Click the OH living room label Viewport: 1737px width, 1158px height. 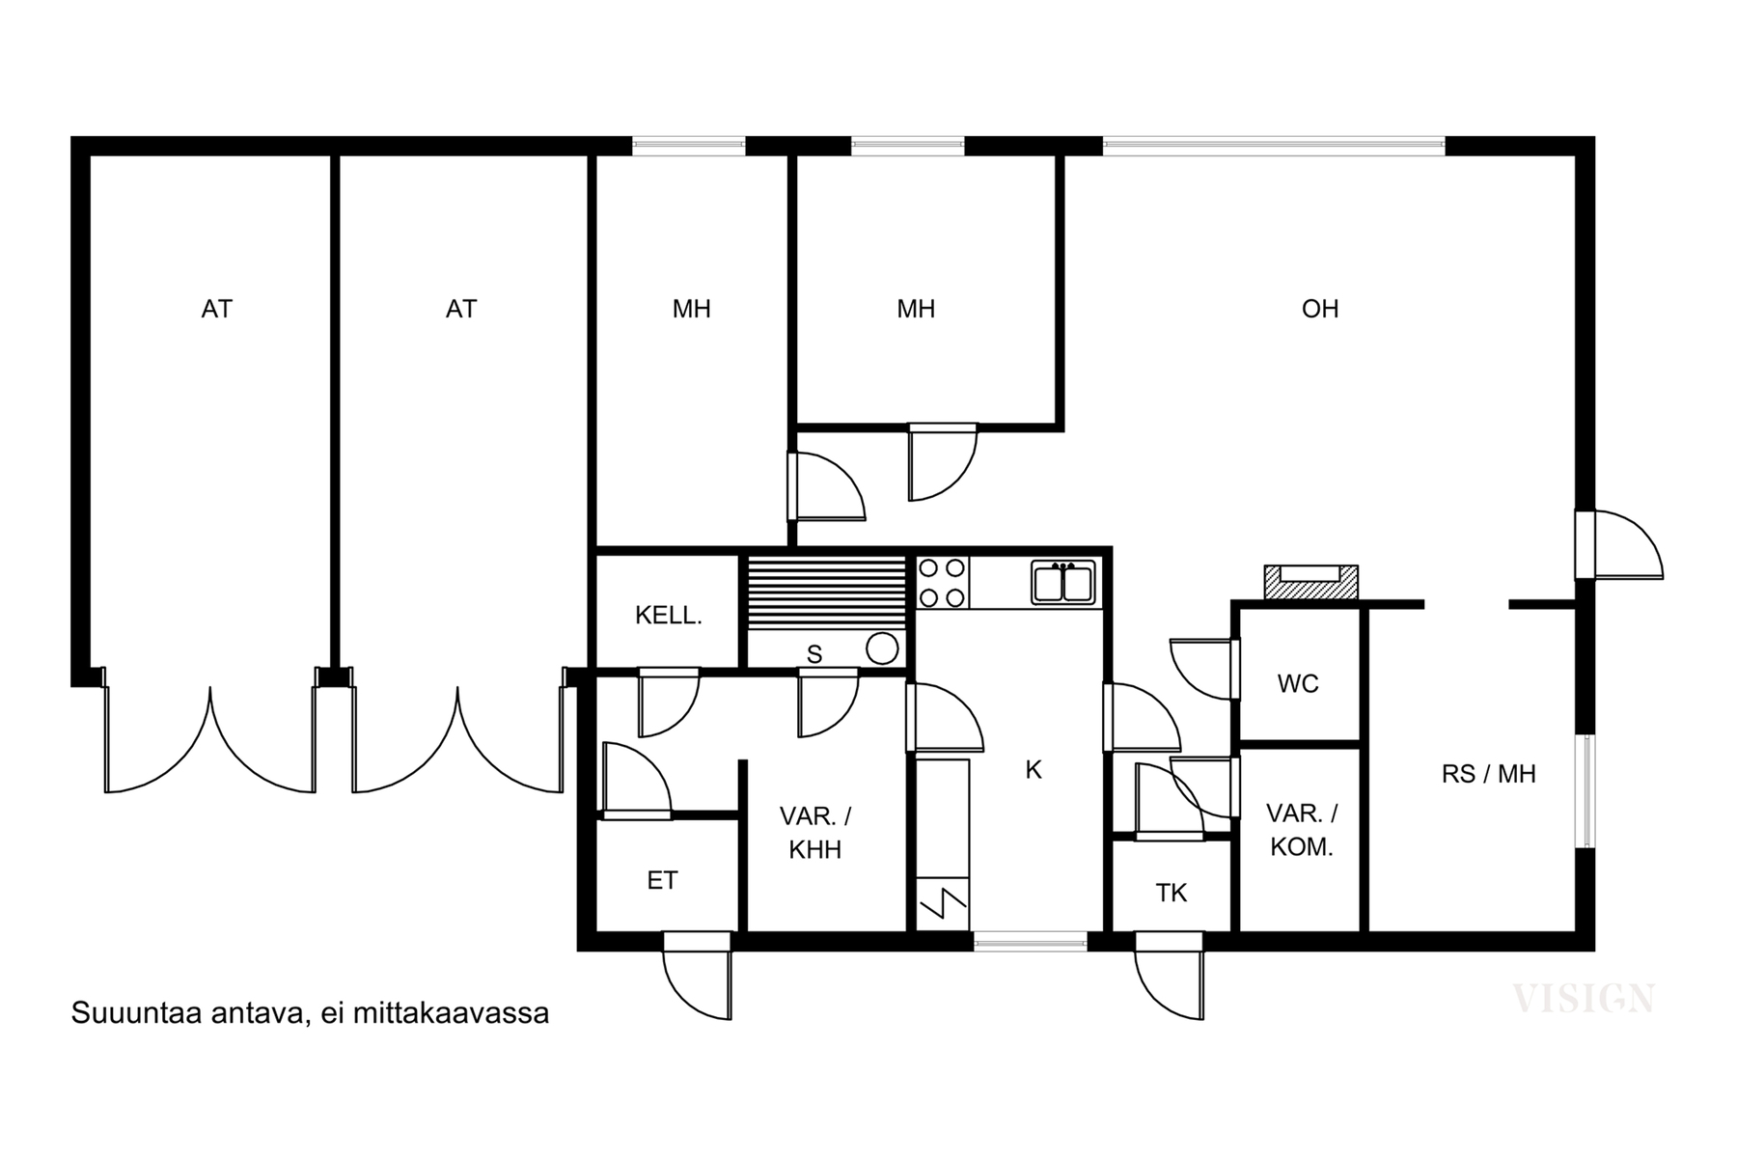coord(1320,309)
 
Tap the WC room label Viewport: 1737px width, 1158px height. coord(1298,684)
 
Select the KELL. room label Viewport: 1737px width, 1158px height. coord(668,616)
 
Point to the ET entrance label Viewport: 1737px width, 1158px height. coord(662,880)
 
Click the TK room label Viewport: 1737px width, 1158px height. coord(1172,894)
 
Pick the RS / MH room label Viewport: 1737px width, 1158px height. coord(1489,774)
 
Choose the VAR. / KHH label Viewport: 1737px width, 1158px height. coord(815,833)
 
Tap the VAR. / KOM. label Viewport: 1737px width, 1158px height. coord(1301,830)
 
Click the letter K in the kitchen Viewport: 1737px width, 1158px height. coord(1034,770)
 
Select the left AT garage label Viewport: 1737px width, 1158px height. coord(217,309)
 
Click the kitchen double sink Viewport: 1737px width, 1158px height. coord(1062,583)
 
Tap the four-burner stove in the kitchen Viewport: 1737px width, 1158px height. coord(942,583)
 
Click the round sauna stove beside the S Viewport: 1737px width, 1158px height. coord(882,648)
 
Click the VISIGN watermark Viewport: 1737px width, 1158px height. coord(1584,999)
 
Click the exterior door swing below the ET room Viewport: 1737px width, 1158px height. coord(697,976)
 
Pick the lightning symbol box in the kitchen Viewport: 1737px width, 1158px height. coord(942,903)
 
